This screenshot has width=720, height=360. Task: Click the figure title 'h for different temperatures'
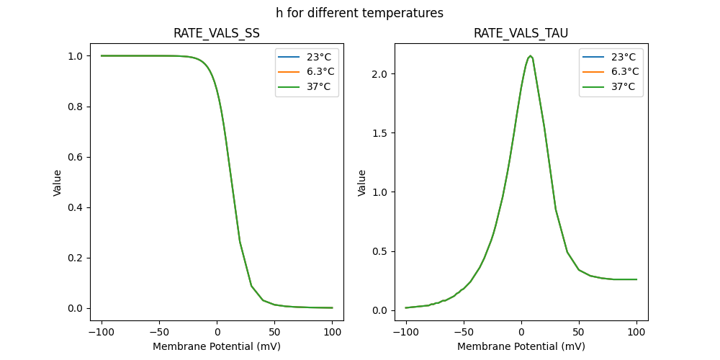tap(359, 13)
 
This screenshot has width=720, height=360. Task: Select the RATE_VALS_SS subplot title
tap(217, 33)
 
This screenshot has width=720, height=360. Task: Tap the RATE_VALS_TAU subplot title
tap(521, 33)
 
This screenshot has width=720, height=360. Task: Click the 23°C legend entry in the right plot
tap(611, 57)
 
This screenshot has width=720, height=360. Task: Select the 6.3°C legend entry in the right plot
tap(611, 72)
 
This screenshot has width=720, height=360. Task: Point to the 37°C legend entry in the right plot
tap(611, 86)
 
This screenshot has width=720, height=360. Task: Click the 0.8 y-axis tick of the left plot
tap(75, 107)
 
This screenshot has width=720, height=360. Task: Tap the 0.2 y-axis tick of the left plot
tap(75, 258)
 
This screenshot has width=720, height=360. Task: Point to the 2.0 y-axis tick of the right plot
tap(379, 74)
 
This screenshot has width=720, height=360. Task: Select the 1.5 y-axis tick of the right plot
tap(379, 133)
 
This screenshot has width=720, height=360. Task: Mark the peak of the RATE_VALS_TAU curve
tap(530, 55)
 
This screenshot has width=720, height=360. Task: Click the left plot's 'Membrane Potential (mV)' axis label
tap(217, 346)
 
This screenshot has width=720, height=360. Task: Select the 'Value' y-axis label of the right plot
tap(362, 182)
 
